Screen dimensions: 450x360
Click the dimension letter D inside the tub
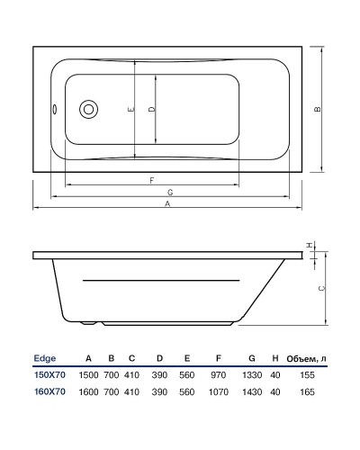pos(151,109)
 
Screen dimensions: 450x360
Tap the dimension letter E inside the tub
pos(130,109)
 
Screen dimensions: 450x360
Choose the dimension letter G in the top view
pos(169,193)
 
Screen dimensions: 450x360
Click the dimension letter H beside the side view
pos(310,245)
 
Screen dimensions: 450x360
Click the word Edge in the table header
pos(45,357)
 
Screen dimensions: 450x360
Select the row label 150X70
pos(50,374)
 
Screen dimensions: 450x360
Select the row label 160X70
pos(50,391)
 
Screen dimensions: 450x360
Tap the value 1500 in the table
pos(89,374)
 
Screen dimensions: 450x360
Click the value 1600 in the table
pos(89,391)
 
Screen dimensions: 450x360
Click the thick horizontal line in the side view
pos(162,281)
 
